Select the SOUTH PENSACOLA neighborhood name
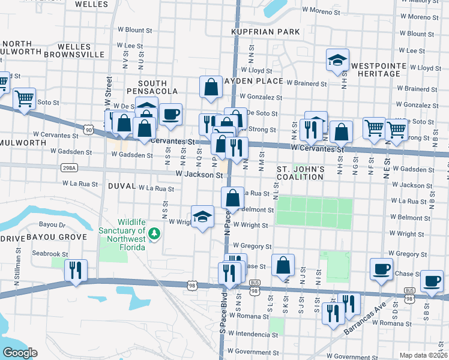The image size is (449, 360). [x=158, y=87]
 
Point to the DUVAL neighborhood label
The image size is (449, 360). [x=122, y=187]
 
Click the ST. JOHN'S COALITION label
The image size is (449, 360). [x=300, y=174]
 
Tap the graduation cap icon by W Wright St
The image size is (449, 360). [x=203, y=217]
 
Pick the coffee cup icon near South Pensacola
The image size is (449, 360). [x=170, y=114]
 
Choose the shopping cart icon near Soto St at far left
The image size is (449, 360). [x=24, y=98]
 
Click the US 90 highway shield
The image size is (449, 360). [x=88, y=129]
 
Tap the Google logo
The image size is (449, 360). [x=20, y=353]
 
